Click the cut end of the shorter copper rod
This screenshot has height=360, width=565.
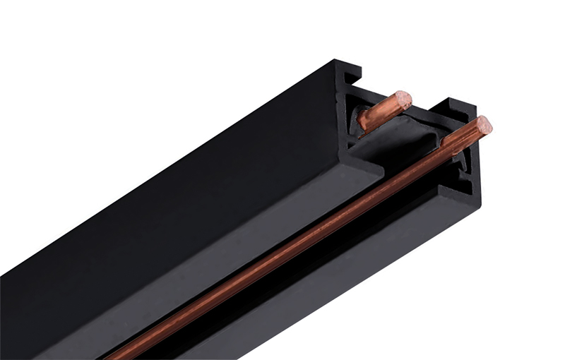point(403,100)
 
